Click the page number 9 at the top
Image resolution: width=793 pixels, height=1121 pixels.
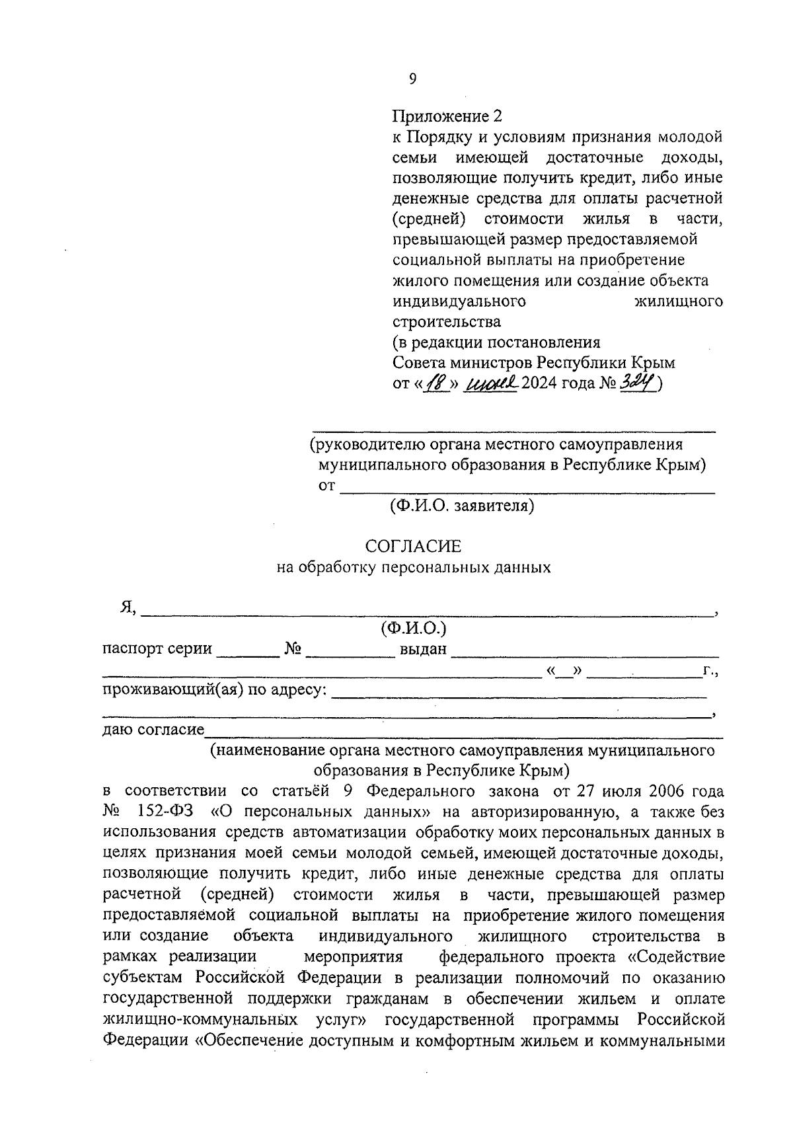click(x=413, y=79)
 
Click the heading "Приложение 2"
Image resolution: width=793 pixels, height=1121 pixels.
click(x=447, y=116)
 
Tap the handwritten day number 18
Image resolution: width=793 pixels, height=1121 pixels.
click(x=435, y=383)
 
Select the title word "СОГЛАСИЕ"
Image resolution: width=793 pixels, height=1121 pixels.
click(x=413, y=547)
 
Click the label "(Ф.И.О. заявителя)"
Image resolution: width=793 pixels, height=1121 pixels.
click(x=461, y=506)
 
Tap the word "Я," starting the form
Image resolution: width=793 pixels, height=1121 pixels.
click(x=128, y=608)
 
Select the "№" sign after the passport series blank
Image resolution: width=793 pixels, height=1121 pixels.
click(x=293, y=649)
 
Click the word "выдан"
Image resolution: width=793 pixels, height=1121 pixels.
click(x=424, y=649)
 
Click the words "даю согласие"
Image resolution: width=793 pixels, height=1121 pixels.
click(x=153, y=730)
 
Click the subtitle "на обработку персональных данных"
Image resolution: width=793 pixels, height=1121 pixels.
click(x=413, y=567)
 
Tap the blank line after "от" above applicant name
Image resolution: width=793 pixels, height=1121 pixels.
click(x=527, y=489)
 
